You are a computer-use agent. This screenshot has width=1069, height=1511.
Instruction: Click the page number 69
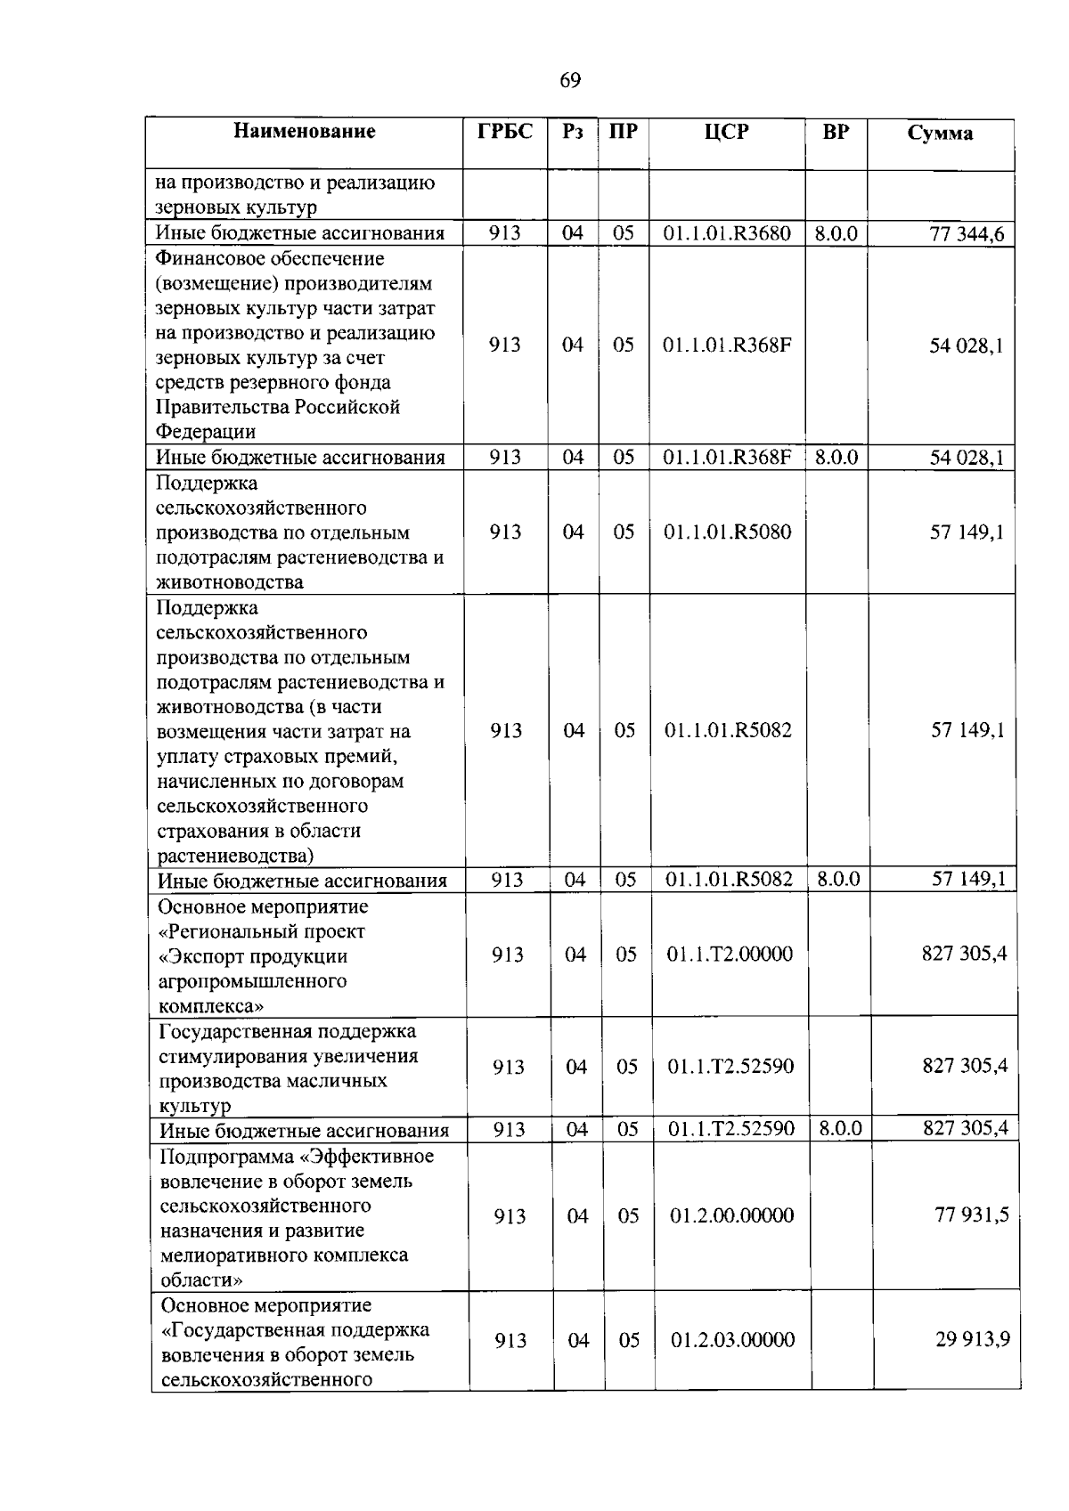(x=570, y=81)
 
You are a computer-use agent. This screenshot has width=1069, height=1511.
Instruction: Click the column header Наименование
(x=305, y=132)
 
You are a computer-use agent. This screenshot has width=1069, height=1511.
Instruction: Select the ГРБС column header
(x=505, y=132)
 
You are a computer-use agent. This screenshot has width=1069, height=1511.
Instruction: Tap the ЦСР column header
(x=726, y=132)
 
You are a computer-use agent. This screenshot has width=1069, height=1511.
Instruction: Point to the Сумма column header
(x=940, y=134)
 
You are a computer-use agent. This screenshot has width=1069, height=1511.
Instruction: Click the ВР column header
(x=836, y=132)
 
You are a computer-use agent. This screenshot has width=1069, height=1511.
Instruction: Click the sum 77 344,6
(x=967, y=235)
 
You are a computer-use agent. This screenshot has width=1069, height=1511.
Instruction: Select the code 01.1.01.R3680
(x=726, y=234)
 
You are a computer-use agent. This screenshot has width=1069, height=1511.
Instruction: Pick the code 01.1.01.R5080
(x=727, y=532)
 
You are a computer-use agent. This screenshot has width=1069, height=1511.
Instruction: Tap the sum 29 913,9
(x=972, y=1339)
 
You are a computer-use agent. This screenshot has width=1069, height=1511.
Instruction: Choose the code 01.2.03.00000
(x=732, y=1340)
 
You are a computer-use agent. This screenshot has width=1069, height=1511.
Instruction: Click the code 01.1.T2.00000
(x=730, y=955)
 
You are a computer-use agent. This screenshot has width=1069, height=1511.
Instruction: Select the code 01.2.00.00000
(x=731, y=1215)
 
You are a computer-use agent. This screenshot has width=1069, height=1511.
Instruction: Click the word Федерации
(x=206, y=433)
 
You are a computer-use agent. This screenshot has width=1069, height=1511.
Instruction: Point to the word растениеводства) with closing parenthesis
(x=236, y=857)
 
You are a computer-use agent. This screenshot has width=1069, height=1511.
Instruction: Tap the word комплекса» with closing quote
(x=212, y=1006)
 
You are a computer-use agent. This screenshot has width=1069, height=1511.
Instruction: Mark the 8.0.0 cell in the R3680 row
(x=836, y=234)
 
